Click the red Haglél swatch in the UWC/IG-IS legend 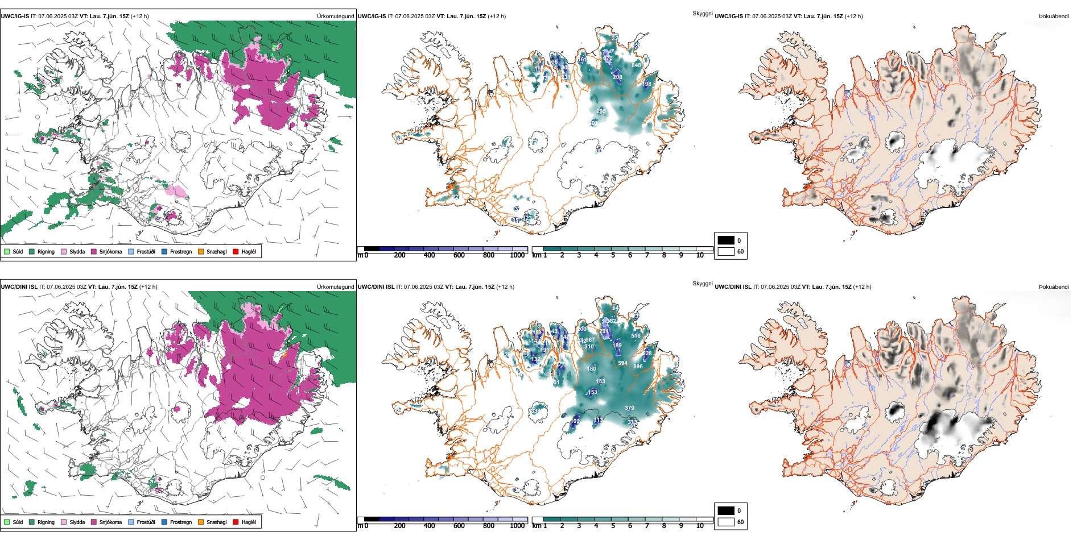pyautogui.click(x=236, y=251)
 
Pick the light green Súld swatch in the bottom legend pyautogui.click(x=7, y=522)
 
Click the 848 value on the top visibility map pyautogui.click(x=636, y=65)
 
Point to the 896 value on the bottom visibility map pyautogui.click(x=638, y=367)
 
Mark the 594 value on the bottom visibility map pyautogui.click(x=622, y=363)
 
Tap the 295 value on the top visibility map pyautogui.click(x=601, y=111)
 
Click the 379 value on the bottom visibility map pyautogui.click(x=629, y=408)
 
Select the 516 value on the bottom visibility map pyautogui.click(x=636, y=336)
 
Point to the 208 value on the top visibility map pyautogui.click(x=617, y=77)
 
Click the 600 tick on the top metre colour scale pyautogui.click(x=459, y=255)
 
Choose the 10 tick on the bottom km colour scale pyautogui.click(x=700, y=526)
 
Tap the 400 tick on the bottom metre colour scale pyautogui.click(x=430, y=526)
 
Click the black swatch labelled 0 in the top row pyautogui.click(x=726, y=240)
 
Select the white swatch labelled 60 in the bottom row pyautogui.click(x=726, y=522)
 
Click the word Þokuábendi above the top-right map pyautogui.click(x=1054, y=16)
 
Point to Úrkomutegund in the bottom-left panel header pyautogui.click(x=336, y=287)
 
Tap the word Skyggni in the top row pyautogui.click(x=702, y=14)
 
